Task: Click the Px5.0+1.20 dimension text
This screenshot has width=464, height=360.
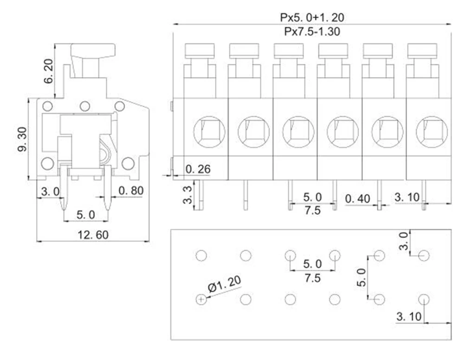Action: tap(312, 18)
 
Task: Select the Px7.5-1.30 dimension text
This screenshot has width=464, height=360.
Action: tap(312, 31)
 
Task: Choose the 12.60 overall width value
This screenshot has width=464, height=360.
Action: tap(92, 235)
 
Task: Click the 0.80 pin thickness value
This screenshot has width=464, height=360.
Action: tap(131, 190)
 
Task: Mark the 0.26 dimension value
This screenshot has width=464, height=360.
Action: tap(198, 169)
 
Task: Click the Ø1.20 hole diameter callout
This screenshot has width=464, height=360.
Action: tap(225, 284)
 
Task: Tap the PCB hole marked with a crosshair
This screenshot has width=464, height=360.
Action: tap(201, 300)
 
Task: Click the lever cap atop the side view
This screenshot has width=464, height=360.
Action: tap(93, 50)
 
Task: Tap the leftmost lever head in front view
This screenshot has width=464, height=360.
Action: tap(200, 51)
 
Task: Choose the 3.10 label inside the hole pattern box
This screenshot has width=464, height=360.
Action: tap(409, 317)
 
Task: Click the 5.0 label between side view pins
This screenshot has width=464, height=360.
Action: tap(85, 214)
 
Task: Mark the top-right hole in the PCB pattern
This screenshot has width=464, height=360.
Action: tap(424, 256)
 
